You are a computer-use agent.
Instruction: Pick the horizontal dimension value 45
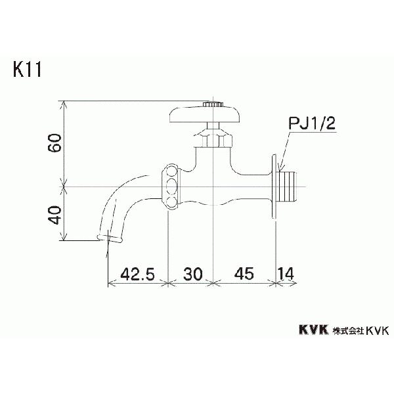(243, 273)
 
